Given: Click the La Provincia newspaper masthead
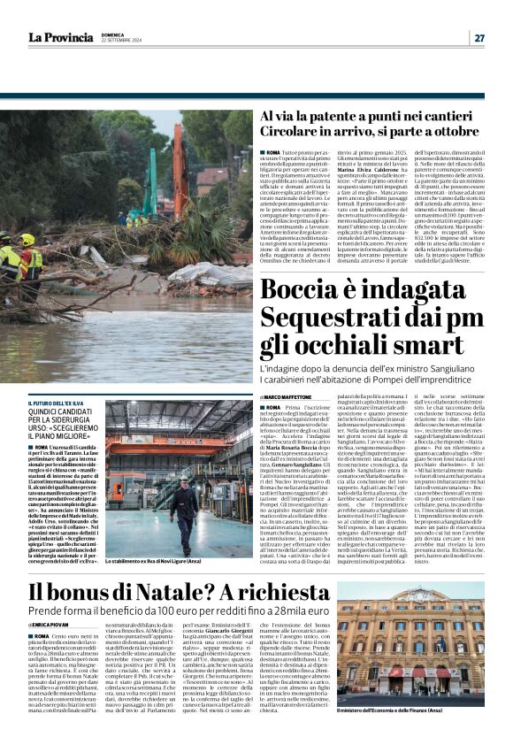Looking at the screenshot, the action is (x=60, y=37).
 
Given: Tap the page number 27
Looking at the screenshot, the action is (x=479, y=38).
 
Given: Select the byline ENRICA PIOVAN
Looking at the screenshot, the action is (x=54, y=626).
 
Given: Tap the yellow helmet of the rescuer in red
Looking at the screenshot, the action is (x=28, y=239).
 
